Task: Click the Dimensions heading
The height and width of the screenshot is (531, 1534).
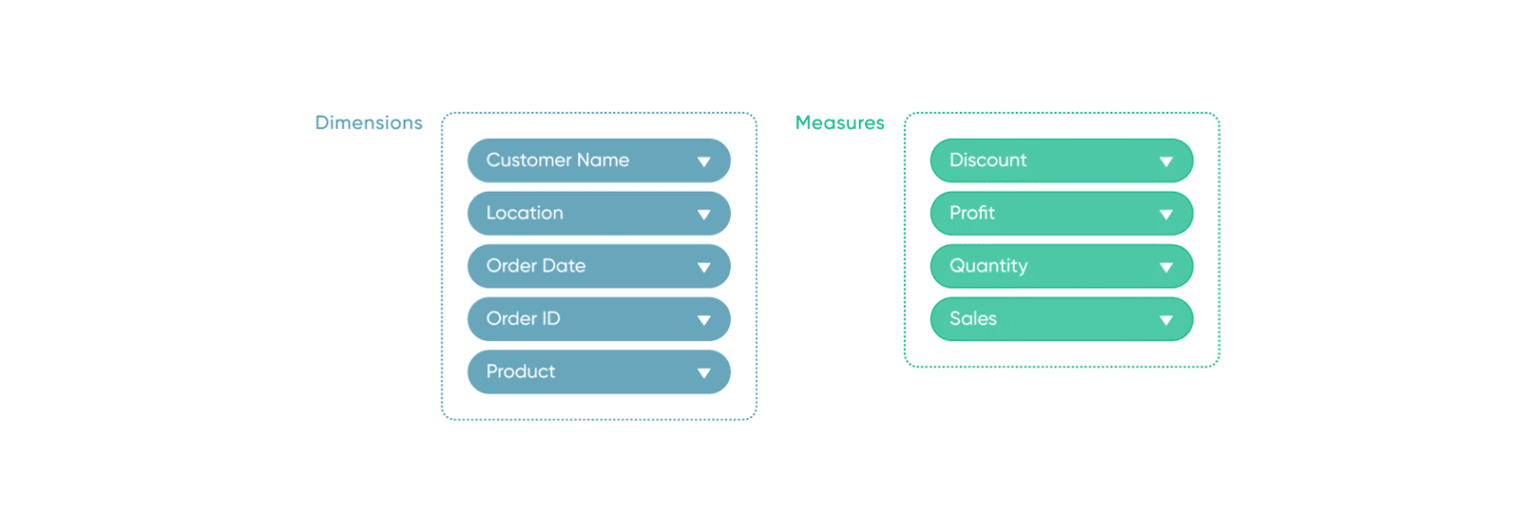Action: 369,123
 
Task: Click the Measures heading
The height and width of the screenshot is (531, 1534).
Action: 839,123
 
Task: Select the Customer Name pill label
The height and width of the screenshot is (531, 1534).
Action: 557,160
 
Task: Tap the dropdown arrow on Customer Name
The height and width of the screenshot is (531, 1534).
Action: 703,162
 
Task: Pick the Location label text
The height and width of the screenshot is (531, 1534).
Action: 524,213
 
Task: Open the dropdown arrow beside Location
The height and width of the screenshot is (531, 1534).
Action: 703,215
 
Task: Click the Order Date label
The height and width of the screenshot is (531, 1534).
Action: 535,265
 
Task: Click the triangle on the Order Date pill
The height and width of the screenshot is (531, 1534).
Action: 703,267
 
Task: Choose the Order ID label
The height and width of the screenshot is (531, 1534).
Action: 522,318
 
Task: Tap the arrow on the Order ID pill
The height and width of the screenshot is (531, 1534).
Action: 703,320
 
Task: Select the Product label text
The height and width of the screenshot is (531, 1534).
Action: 520,371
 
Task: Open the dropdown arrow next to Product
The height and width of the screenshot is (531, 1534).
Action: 703,373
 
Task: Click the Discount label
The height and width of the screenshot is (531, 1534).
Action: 988,160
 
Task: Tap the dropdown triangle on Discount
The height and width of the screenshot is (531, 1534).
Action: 1165,162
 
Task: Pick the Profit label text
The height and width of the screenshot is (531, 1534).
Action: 972,213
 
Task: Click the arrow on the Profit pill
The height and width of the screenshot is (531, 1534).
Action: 1165,215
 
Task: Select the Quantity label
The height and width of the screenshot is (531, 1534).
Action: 988,265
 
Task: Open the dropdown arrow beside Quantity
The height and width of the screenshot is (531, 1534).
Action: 1165,267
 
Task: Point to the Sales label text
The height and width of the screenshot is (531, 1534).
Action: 973,318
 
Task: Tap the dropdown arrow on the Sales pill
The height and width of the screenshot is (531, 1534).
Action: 1165,320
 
